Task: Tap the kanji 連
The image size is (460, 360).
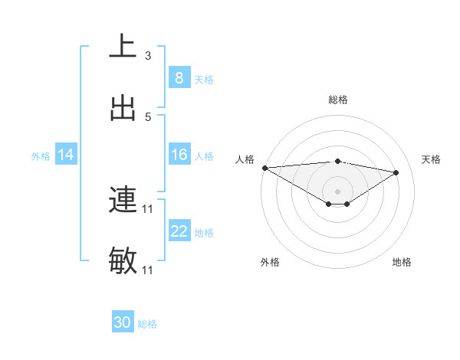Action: [x=123, y=201]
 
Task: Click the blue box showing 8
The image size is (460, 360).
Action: [x=179, y=77]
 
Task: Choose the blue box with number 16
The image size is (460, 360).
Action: [x=179, y=155]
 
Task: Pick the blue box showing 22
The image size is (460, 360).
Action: [x=179, y=231]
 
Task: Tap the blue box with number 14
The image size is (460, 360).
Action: [x=66, y=155]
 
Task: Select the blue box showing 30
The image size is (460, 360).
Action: [x=123, y=322]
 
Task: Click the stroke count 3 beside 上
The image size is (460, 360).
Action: [x=148, y=55]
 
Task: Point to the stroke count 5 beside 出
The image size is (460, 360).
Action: [x=148, y=116]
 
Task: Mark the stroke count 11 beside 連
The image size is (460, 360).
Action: [x=148, y=209]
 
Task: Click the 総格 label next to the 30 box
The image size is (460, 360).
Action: [x=147, y=324]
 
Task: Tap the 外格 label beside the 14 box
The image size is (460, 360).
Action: [x=41, y=155]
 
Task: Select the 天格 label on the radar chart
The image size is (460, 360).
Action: [x=432, y=159]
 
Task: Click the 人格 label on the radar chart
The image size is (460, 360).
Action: [x=245, y=159]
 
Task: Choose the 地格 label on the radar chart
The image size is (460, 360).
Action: [x=402, y=262]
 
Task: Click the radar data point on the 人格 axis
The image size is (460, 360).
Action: [x=264, y=168]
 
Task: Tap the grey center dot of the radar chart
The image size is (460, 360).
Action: [x=337, y=191]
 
